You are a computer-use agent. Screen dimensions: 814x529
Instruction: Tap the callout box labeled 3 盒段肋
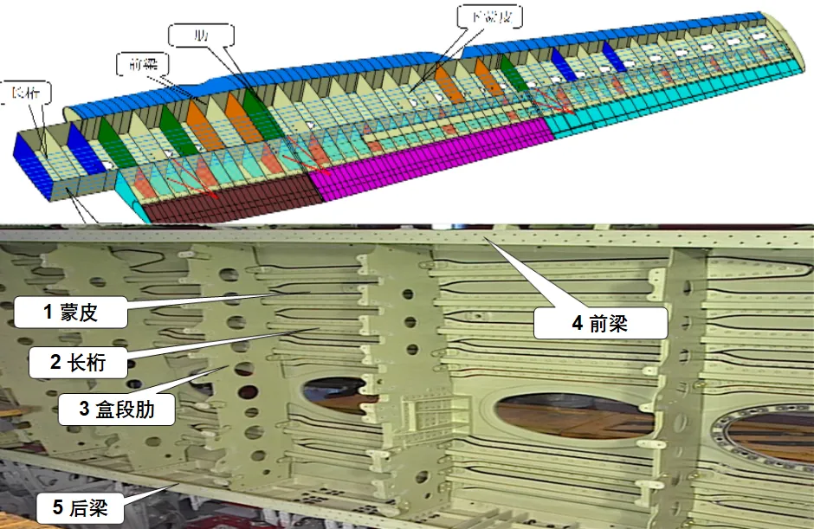click(116, 410)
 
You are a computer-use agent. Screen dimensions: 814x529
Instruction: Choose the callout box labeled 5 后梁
click(79, 508)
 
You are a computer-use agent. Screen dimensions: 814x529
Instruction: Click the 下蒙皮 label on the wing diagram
click(493, 16)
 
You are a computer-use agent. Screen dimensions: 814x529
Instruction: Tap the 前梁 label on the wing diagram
click(141, 63)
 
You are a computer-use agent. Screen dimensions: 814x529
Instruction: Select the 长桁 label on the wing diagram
click(26, 92)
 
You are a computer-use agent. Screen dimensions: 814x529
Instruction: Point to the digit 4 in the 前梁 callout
click(577, 325)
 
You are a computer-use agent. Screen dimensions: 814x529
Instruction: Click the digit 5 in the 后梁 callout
click(58, 508)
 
